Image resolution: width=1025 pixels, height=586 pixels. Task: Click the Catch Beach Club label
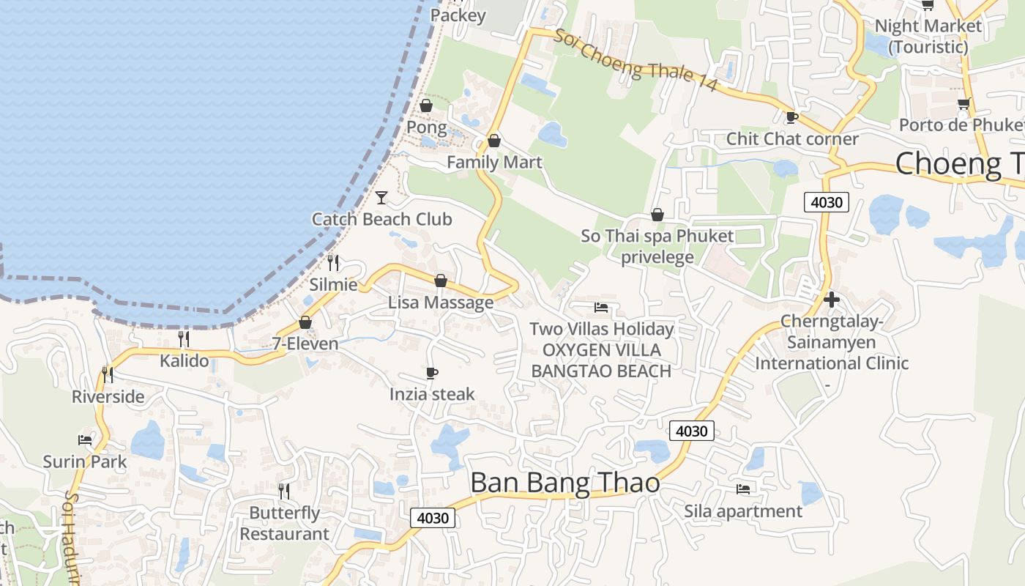tap(381, 219)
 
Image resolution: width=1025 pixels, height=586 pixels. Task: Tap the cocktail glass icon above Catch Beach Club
tap(381, 197)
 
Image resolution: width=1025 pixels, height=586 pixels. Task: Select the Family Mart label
tap(494, 162)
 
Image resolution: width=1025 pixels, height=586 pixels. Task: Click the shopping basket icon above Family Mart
tap(494, 141)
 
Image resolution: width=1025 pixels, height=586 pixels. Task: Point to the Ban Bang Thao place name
tap(564, 483)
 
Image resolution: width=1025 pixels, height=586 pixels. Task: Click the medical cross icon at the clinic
tap(831, 300)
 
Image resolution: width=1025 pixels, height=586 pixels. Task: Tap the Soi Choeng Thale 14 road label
tap(634, 61)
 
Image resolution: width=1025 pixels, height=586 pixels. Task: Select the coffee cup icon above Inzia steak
tap(432, 374)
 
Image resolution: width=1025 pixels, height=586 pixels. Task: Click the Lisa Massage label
tap(441, 303)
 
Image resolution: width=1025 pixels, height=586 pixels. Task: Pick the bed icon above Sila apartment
tap(743, 489)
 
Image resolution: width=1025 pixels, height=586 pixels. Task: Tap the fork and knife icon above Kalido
tap(184, 338)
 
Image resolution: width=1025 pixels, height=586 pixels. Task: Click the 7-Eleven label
tap(305, 344)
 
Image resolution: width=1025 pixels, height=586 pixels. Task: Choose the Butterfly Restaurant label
tap(285, 523)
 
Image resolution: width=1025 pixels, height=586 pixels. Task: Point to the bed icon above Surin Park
tap(85, 440)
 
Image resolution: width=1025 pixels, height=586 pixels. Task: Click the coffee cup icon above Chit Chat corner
tap(791, 117)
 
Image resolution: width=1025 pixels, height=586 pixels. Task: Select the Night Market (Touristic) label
tap(928, 36)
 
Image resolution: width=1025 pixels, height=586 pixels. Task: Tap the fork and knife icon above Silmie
tap(333, 262)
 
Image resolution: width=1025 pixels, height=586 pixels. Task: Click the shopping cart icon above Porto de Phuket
tap(963, 104)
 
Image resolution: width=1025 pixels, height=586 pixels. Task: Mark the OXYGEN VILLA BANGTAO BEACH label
tap(601, 360)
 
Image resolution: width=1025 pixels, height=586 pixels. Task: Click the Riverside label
tap(108, 397)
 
